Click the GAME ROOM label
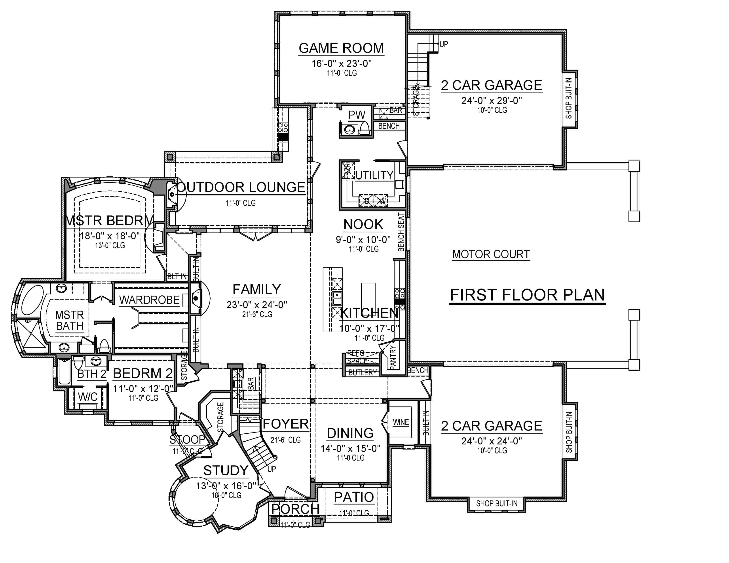pos(341,48)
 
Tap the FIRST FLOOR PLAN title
pos(527,295)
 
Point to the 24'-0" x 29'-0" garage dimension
pos(491,100)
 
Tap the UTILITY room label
pos(374,176)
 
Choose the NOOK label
pos(363,225)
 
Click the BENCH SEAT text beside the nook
pos(401,232)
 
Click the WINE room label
pos(401,422)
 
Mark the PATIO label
pos(354,497)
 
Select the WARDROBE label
pos(149,300)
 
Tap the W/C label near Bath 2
pos(87,397)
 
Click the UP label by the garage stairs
pos(444,44)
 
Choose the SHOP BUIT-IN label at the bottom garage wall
pos(496,504)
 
